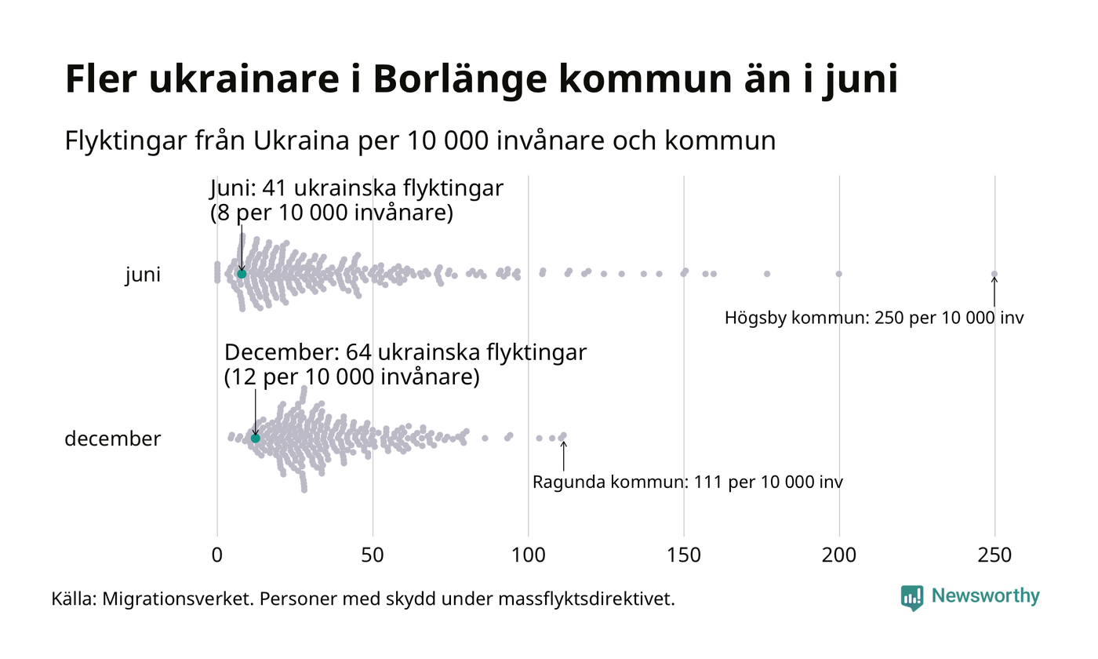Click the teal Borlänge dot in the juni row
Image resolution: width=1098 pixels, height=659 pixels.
click(x=242, y=274)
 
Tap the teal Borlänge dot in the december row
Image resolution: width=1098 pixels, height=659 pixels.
click(x=255, y=438)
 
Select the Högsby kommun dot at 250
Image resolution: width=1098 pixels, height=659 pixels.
click(x=994, y=274)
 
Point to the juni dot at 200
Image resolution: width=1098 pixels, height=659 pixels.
click(x=839, y=274)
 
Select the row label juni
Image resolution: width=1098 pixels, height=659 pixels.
click(x=143, y=275)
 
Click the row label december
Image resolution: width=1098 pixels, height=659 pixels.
click(x=112, y=439)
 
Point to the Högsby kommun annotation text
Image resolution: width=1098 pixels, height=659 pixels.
click(x=874, y=319)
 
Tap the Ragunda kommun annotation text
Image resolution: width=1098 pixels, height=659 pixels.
click(x=687, y=482)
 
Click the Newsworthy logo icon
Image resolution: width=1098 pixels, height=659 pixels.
click(x=912, y=598)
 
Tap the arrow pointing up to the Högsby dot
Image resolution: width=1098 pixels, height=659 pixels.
click(x=994, y=292)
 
